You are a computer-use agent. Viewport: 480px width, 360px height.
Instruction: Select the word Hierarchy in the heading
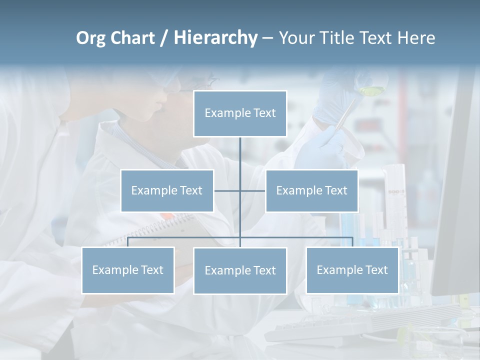(x=215, y=38)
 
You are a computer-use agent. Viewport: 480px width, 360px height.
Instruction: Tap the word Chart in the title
(x=135, y=38)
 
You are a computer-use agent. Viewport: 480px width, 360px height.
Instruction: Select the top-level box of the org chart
(x=240, y=113)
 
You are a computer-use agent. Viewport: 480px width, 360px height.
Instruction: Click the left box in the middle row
(x=167, y=190)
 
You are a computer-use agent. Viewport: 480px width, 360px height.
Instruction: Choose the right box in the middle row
(x=311, y=190)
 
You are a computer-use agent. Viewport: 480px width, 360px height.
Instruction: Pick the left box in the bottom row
(x=128, y=270)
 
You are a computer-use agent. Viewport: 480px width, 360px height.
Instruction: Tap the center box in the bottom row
(x=240, y=270)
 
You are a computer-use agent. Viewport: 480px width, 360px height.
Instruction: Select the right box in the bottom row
(x=352, y=270)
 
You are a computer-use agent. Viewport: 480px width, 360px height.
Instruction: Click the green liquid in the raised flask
(x=370, y=90)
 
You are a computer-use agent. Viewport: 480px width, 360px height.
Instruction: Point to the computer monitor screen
(x=457, y=200)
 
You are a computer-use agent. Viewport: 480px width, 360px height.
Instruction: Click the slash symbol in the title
(x=163, y=38)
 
